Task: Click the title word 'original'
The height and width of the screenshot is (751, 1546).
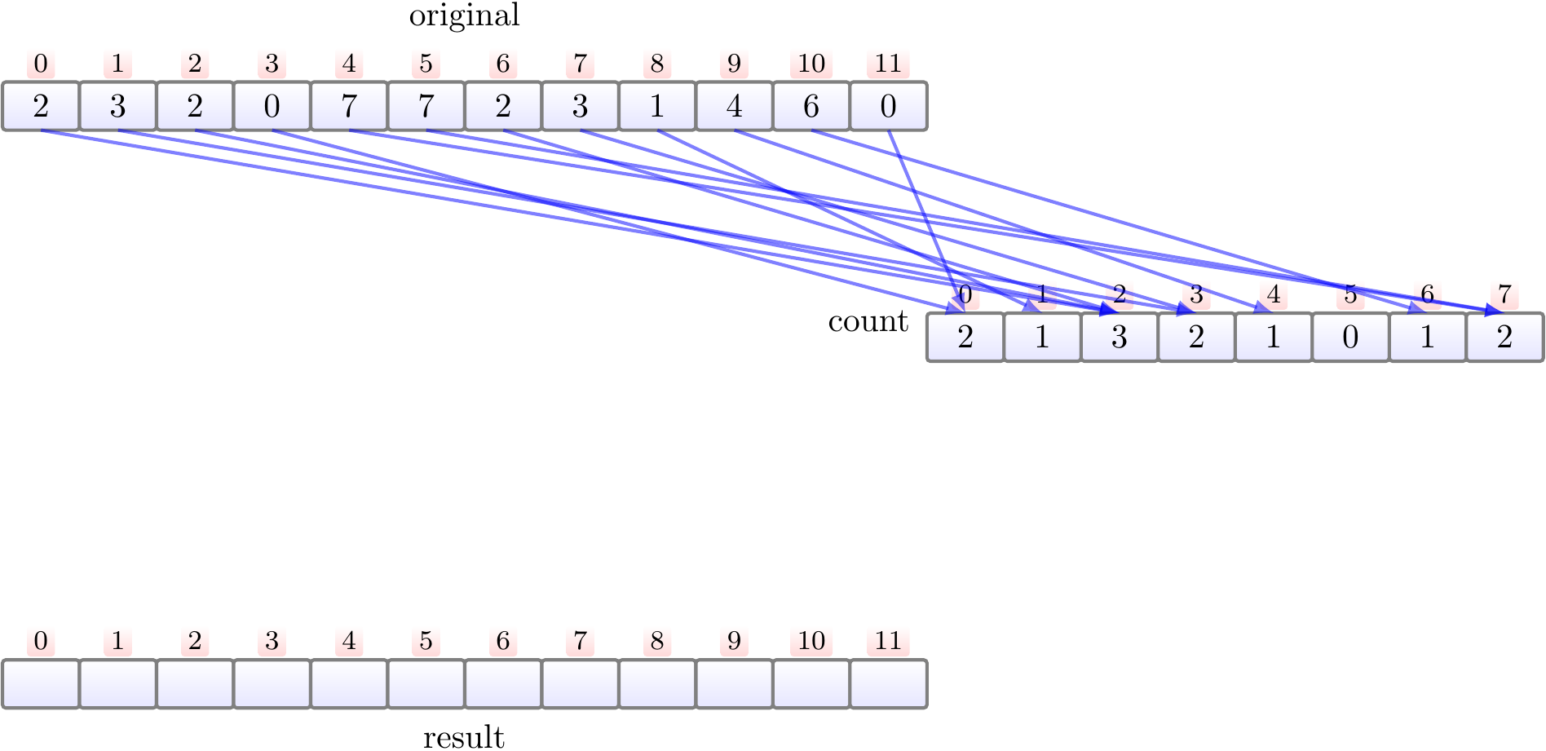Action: pyautogui.click(x=464, y=15)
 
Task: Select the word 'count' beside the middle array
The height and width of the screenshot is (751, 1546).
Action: pyautogui.click(x=868, y=322)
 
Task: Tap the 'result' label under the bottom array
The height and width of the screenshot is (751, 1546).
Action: pyautogui.click(x=464, y=736)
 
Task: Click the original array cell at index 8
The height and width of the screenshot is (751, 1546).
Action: pyautogui.click(x=657, y=106)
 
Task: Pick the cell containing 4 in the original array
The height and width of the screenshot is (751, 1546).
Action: pyautogui.click(x=734, y=106)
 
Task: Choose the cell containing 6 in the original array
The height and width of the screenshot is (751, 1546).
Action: pyautogui.click(x=811, y=106)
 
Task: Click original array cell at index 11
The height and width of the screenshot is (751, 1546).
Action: pyautogui.click(x=888, y=106)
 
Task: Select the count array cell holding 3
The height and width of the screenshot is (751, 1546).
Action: pyautogui.click(x=1120, y=337)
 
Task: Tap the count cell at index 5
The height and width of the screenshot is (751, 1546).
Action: pyautogui.click(x=1350, y=337)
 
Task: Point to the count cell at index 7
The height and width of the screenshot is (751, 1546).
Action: pyautogui.click(x=1504, y=337)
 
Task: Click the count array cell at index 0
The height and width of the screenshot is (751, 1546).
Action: pyautogui.click(x=965, y=337)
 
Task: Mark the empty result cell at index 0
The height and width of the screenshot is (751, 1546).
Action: pyautogui.click(x=41, y=683)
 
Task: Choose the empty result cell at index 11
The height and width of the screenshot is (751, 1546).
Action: pyautogui.click(x=888, y=683)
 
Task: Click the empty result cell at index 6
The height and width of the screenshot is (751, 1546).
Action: pyautogui.click(x=503, y=683)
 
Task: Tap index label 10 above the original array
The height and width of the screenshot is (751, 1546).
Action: pyautogui.click(x=811, y=64)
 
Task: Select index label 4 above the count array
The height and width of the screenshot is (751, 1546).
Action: pyautogui.click(x=1274, y=294)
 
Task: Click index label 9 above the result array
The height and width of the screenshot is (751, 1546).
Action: pyautogui.click(x=734, y=641)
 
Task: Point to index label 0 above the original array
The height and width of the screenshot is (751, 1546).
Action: pyautogui.click(x=41, y=64)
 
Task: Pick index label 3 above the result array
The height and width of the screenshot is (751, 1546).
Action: pyautogui.click(x=272, y=641)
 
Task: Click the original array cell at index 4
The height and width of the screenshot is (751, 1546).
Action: pyautogui.click(x=349, y=106)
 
